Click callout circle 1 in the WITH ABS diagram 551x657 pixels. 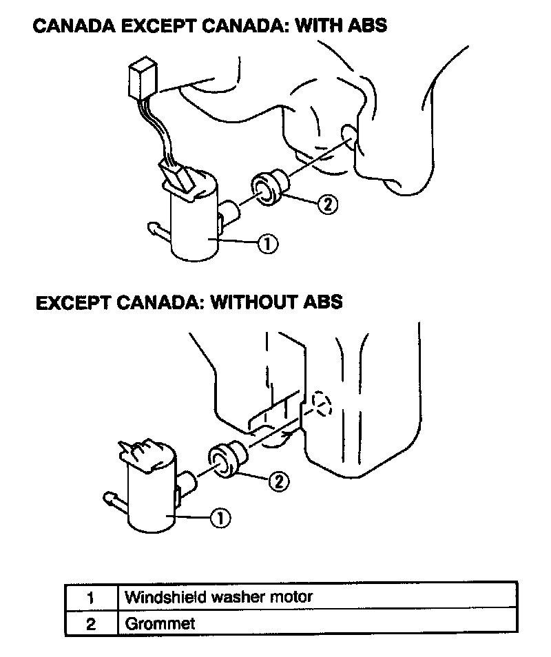pyautogui.click(x=268, y=242)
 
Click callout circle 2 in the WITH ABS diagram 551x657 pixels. pyautogui.click(x=329, y=204)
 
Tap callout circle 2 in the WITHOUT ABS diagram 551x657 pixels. pyautogui.click(x=278, y=481)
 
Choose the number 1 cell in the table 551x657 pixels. pyautogui.click(x=92, y=597)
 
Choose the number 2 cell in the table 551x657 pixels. pyautogui.click(x=92, y=625)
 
